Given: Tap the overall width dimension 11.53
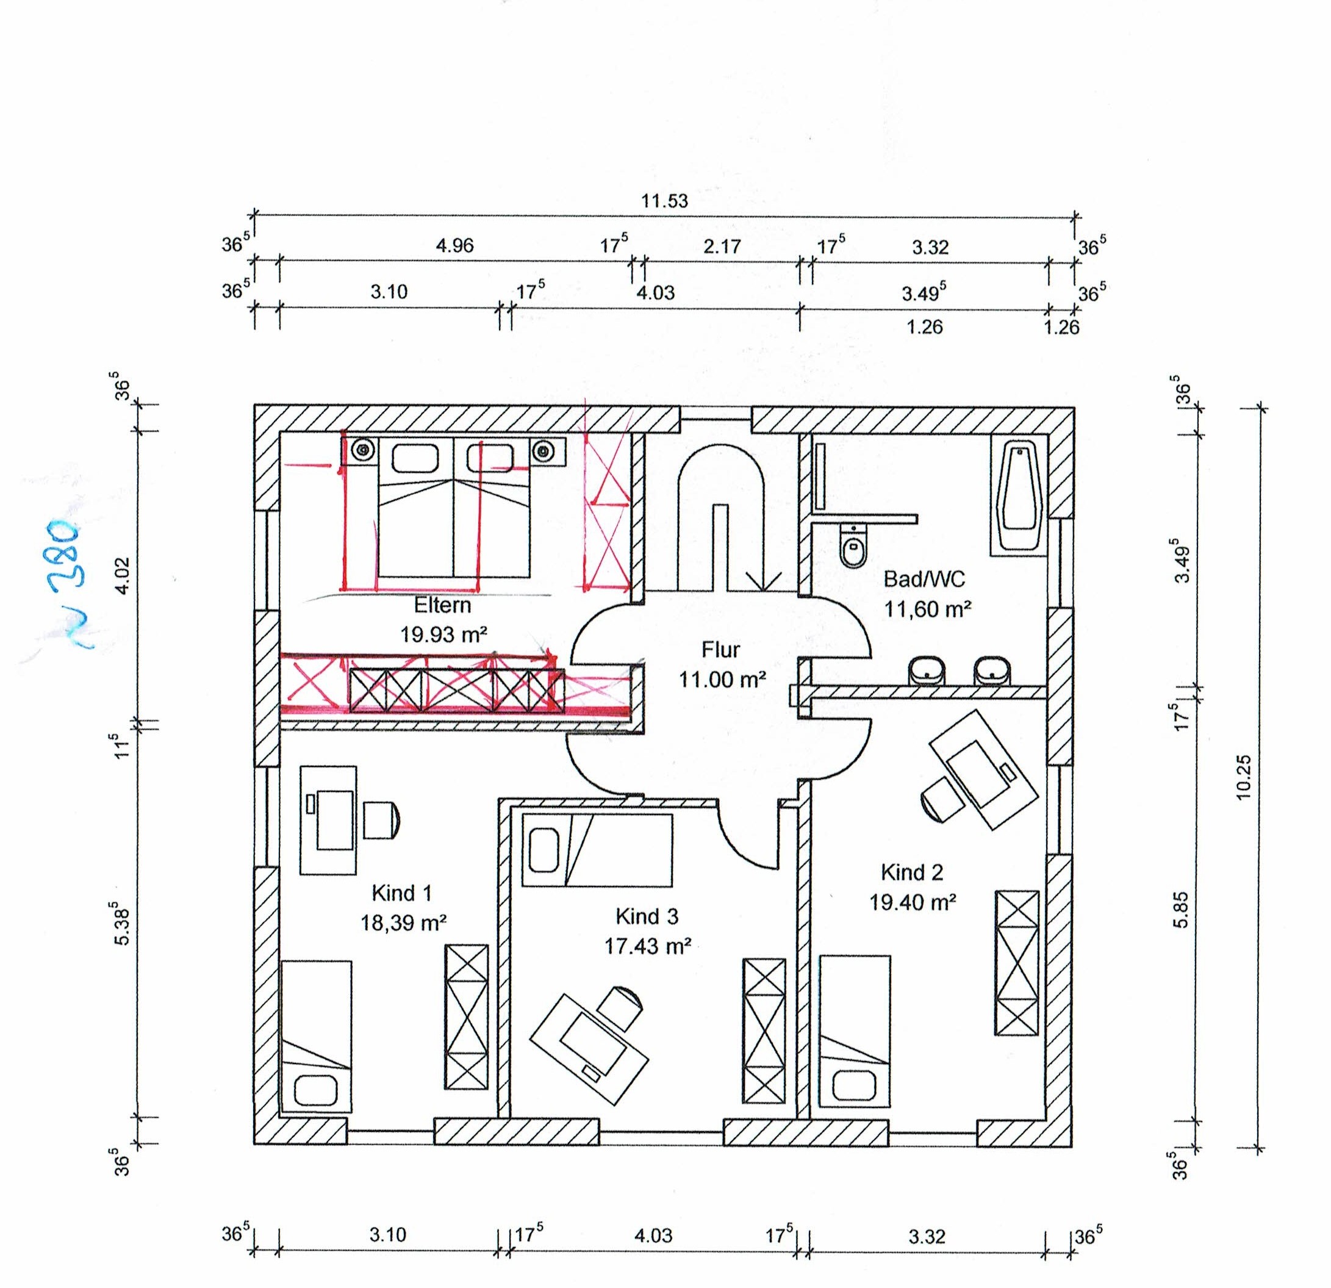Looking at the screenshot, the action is (x=664, y=201).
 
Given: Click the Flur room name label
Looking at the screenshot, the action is (x=720, y=650).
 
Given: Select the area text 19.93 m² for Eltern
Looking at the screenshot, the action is (x=443, y=635).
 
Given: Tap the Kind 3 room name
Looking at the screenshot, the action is (x=647, y=916).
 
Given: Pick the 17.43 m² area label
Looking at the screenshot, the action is (x=648, y=946).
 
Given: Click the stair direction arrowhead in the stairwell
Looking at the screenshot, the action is (x=762, y=581).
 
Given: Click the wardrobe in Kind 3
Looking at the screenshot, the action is (x=764, y=1038).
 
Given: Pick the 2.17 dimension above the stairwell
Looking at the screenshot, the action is (x=722, y=246).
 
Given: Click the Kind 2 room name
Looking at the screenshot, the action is (x=912, y=872).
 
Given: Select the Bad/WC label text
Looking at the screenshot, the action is (x=924, y=579).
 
